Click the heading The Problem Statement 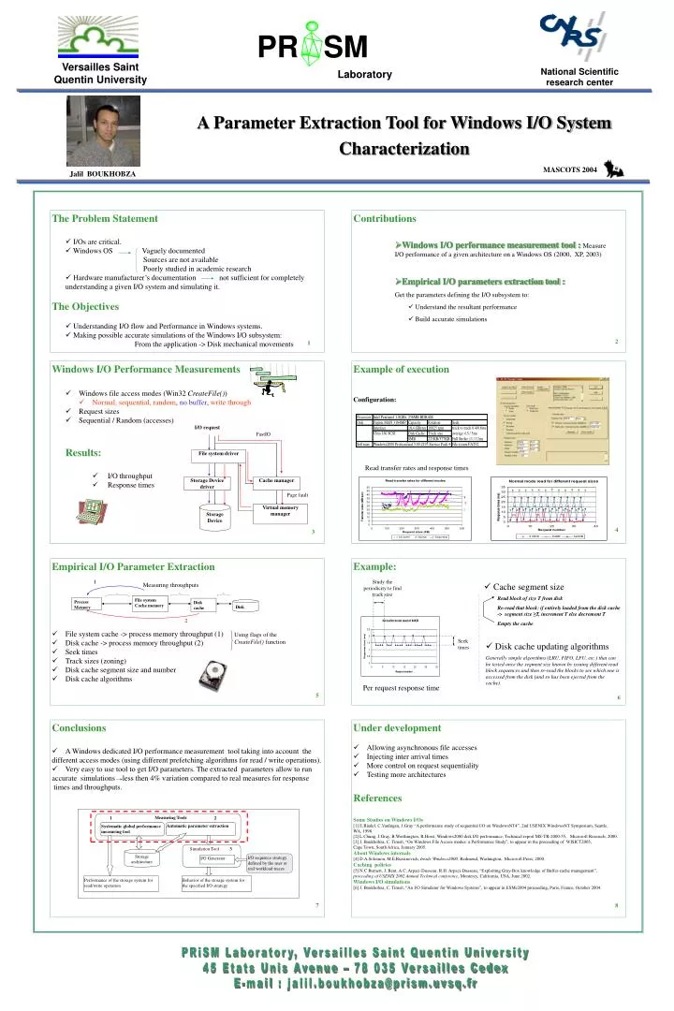click(x=104, y=218)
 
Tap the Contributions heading click(x=385, y=218)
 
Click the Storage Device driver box click(x=208, y=483)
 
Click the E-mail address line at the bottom click(x=336, y=984)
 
